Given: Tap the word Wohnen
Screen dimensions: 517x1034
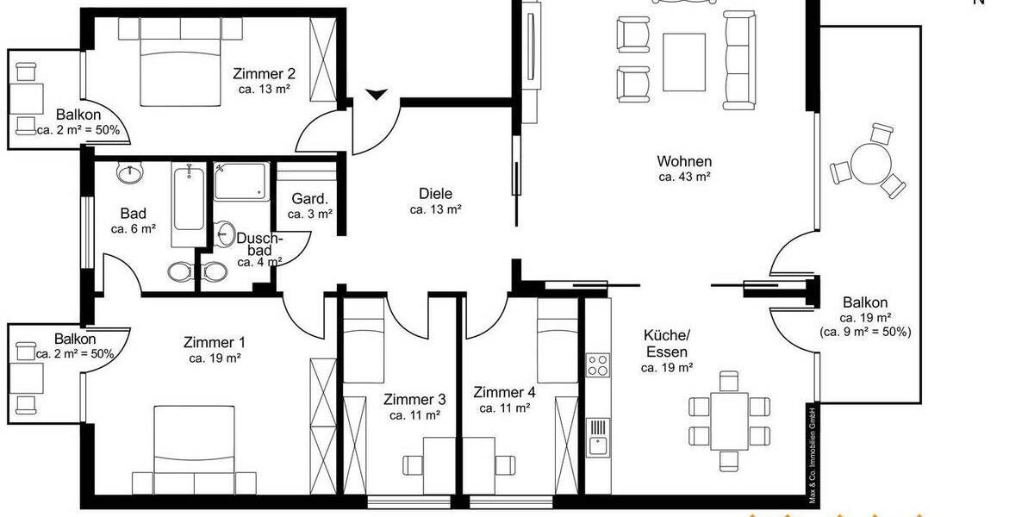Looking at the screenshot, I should (x=684, y=161).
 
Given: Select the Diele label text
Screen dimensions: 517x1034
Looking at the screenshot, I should (x=435, y=194).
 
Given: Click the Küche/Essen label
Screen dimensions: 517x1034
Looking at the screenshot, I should (x=666, y=344).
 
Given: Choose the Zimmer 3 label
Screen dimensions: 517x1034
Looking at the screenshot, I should (x=415, y=399).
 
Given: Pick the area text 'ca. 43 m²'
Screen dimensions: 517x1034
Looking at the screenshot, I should (x=684, y=177).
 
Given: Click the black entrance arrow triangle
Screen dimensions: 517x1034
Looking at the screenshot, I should (x=376, y=93).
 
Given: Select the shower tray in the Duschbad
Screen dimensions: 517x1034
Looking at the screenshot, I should (x=240, y=182).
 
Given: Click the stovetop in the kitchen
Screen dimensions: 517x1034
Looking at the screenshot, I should (x=597, y=365).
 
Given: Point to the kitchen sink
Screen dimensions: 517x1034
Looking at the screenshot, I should (x=596, y=446).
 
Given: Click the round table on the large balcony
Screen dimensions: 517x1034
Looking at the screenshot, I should (x=863, y=162).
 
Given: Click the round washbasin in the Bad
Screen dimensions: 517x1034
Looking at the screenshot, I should (x=130, y=173).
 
